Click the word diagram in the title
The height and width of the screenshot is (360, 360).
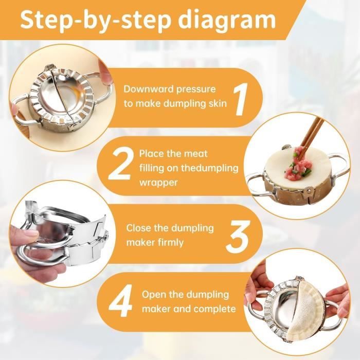click(227, 21)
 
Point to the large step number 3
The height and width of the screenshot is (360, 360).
click(237, 236)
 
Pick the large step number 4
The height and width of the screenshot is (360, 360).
click(120, 300)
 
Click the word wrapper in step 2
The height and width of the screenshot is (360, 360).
click(158, 183)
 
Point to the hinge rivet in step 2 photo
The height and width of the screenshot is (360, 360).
click(309, 190)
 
